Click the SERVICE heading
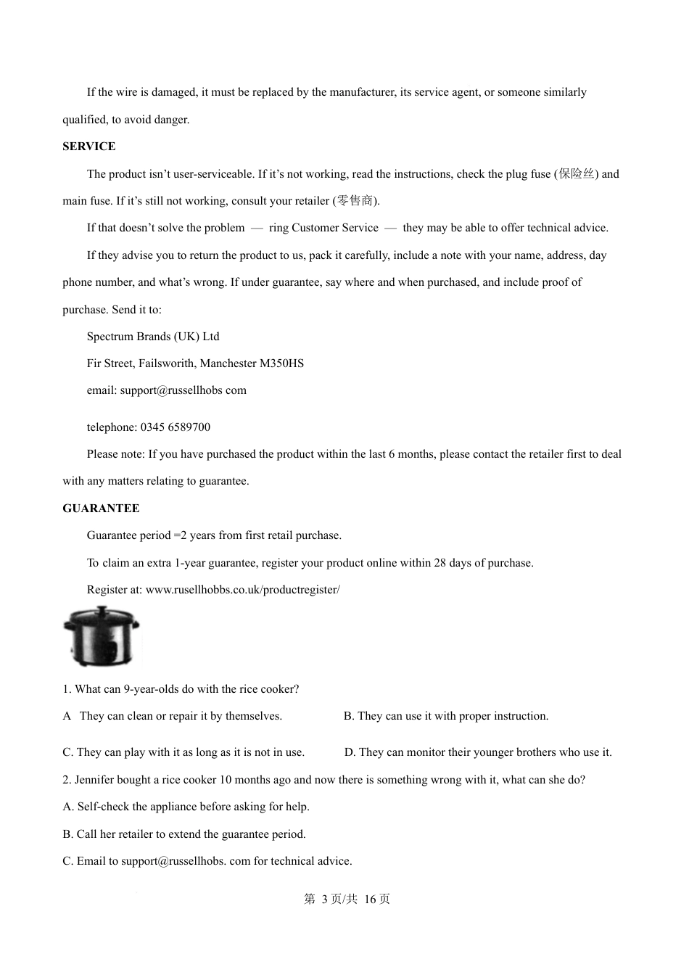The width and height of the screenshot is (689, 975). (88, 147)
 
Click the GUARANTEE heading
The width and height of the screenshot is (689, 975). (101, 509)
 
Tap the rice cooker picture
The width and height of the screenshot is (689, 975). (101, 637)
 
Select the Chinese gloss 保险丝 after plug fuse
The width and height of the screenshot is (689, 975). (577, 174)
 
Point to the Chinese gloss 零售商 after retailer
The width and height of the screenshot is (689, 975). (355, 201)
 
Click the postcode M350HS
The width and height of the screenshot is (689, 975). (281, 363)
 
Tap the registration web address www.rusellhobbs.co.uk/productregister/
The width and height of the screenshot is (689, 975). (242, 590)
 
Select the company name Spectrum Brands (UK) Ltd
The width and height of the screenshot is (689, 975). (153, 337)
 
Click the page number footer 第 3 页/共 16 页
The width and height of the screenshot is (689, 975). (347, 900)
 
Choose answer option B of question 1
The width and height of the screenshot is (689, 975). (445, 716)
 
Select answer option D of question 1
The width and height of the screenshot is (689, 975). (477, 752)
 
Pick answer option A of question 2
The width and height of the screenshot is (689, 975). (186, 807)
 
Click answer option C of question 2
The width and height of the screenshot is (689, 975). (207, 861)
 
